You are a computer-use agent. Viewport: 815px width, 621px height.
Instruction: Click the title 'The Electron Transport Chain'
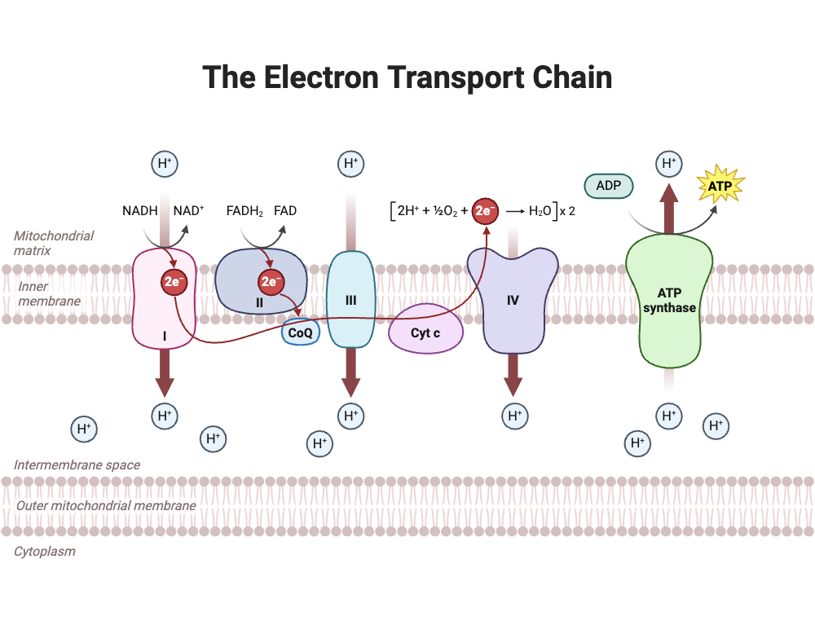(407, 77)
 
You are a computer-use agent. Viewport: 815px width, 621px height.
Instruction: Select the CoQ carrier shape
(300, 333)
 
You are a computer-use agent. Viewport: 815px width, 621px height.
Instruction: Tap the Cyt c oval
(425, 333)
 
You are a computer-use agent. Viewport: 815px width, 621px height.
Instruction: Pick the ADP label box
(609, 186)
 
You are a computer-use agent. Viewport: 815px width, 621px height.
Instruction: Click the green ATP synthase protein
(669, 302)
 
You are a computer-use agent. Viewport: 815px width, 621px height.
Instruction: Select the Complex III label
(350, 301)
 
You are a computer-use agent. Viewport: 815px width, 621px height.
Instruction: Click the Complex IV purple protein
(513, 300)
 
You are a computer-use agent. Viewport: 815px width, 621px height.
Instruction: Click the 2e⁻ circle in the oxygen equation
(486, 211)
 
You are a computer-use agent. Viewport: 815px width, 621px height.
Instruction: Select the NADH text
(139, 211)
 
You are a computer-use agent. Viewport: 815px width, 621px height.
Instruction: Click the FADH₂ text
(244, 211)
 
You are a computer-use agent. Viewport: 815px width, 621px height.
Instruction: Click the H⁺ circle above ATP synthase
(669, 164)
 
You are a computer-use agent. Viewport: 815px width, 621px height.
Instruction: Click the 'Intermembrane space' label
(77, 465)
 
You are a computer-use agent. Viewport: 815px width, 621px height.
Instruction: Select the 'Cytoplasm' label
(44, 551)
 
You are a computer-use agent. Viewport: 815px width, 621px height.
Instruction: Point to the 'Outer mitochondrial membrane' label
(106, 505)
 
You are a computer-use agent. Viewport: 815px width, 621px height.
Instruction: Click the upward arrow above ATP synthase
(669, 208)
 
